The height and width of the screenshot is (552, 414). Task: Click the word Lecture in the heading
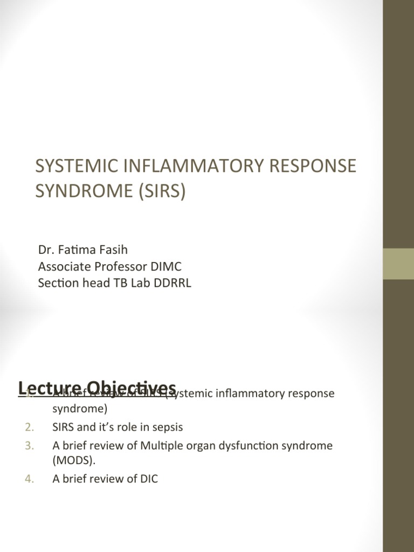(45, 388)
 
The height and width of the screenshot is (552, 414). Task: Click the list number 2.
(29, 427)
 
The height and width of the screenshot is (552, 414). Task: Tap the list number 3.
(29, 445)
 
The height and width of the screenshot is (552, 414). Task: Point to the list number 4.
(29, 479)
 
